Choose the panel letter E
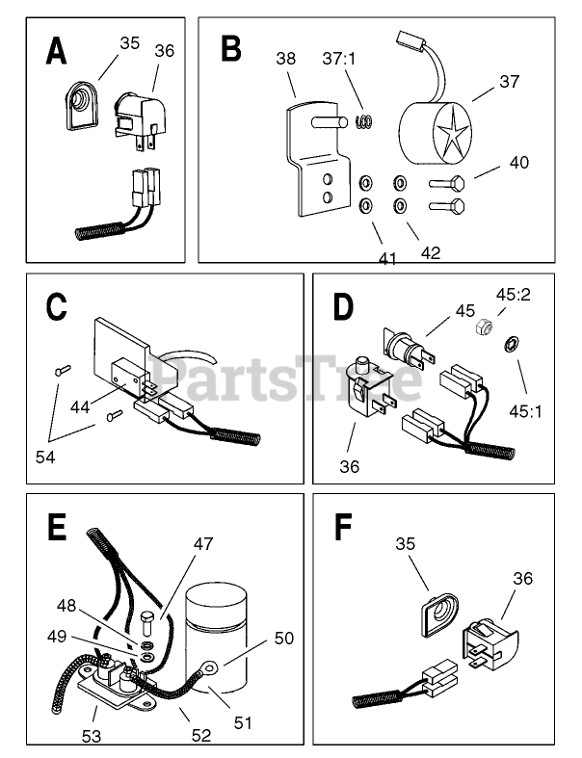pyautogui.click(x=57, y=527)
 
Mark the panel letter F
pyautogui.click(x=342, y=527)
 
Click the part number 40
pyautogui.click(x=517, y=163)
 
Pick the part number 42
pyautogui.click(x=430, y=252)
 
